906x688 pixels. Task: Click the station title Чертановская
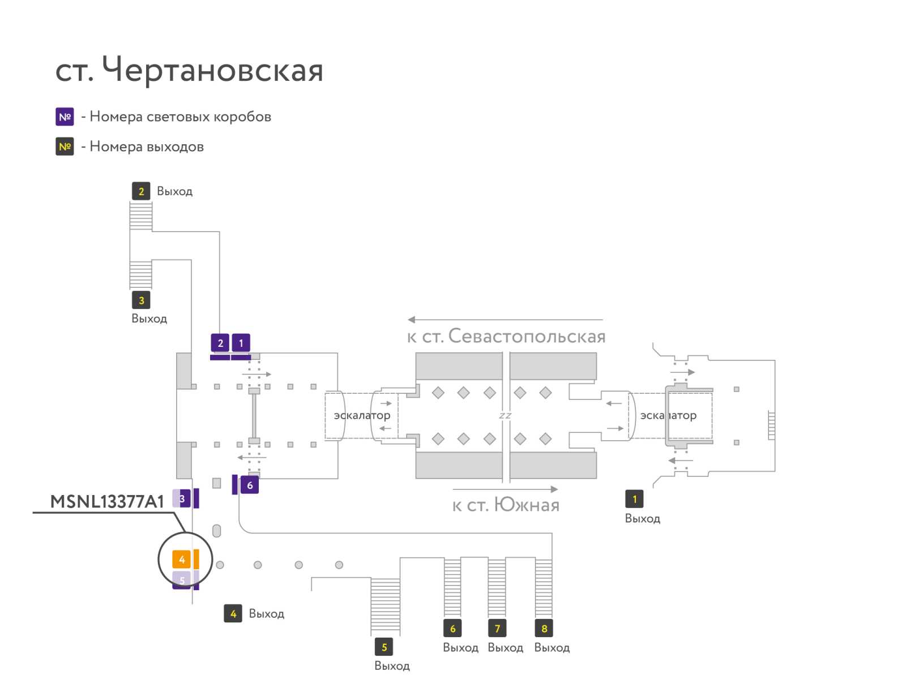(212, 71)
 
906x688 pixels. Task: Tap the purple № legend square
(65, 117)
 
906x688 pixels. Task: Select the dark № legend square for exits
(65, 147)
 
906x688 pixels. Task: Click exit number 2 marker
(141, 191)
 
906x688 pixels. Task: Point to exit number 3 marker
(141, 300)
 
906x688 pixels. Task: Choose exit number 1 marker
(634, 499)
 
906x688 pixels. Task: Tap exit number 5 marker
(384, 647)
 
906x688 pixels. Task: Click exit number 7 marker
(497, 628)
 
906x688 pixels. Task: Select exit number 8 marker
(544, 628)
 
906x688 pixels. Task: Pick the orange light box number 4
(182, 560)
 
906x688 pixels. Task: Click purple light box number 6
(250, 485)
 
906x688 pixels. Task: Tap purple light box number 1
(241, 342)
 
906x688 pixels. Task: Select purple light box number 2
(220, 342)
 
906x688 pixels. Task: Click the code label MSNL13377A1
(107, 502)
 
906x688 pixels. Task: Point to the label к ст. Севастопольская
(506, 337)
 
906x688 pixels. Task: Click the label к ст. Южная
(506, 505)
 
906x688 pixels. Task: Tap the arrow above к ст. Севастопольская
(505, 320)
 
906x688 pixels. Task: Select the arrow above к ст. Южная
(505, 489)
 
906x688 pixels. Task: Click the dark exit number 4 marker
(233, 613)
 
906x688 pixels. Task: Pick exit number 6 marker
(452, 628)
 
